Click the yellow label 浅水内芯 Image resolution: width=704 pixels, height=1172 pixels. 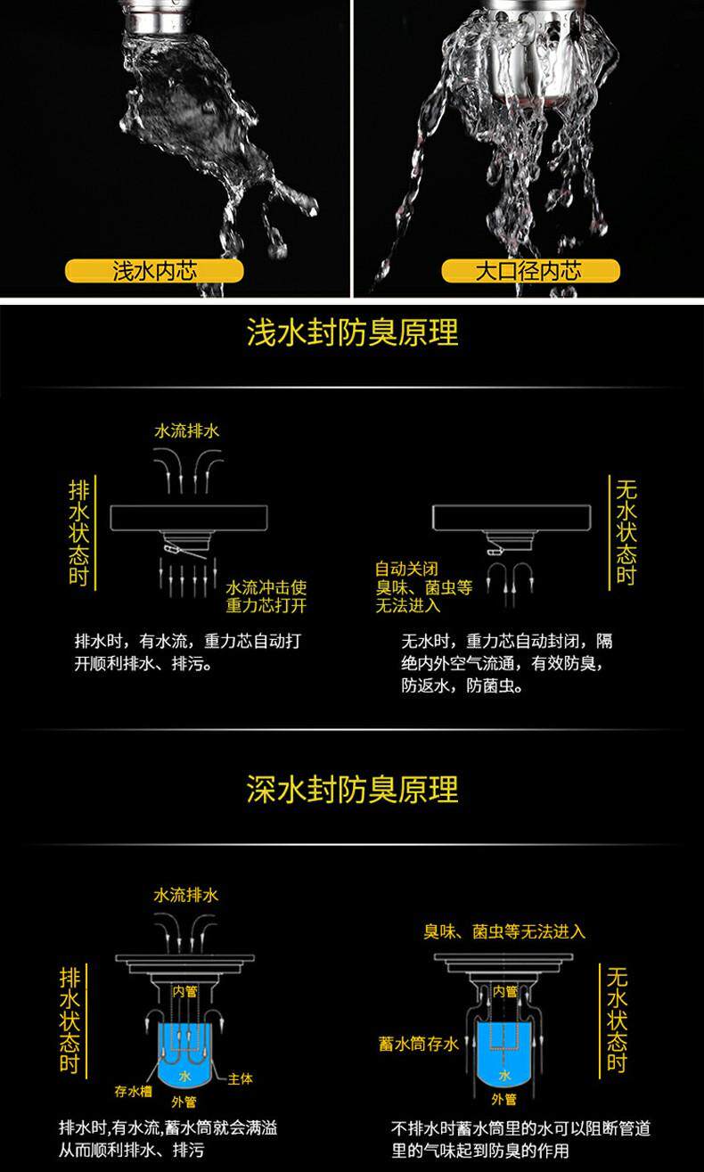click(154, 271)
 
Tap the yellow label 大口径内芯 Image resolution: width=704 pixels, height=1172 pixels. click(530, 271)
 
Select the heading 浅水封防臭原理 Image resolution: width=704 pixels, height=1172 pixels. click(353, 332)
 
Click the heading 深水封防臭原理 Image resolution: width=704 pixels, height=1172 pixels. click(353, 789)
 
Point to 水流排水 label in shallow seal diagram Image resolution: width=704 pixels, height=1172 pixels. click(187, 431)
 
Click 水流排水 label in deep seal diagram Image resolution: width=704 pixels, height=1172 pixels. click(186, 895)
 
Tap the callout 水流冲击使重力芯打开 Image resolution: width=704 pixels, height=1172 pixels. click(266, 596)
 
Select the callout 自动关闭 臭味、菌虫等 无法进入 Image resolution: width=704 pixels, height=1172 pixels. click(423, 587)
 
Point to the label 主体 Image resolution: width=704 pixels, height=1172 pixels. click(240, 1079)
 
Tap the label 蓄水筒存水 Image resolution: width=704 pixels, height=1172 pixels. click(419, 1045)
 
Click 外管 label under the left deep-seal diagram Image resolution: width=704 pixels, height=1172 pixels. click(184, 1102)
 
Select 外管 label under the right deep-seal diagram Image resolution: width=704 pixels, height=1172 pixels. click(503, 1099)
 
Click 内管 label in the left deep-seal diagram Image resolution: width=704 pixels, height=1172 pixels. click(185, 991)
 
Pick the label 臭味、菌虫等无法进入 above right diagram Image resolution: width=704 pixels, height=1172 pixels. click(504, 932)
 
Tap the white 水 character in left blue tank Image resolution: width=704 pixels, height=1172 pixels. click(185, 1077)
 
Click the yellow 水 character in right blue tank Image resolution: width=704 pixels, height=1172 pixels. click(504, 1075)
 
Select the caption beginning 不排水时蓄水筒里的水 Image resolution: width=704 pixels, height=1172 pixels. click(521, 1140)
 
